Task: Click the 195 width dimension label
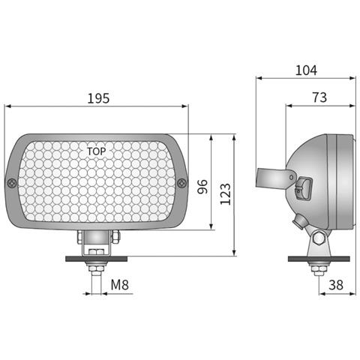[x=98, y=98]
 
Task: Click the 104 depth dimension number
[x=306, y=70]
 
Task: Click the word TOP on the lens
[x=97, y=151]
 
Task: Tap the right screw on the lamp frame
[x=181, y=181]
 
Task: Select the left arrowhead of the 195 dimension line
[x=10, y=106]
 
